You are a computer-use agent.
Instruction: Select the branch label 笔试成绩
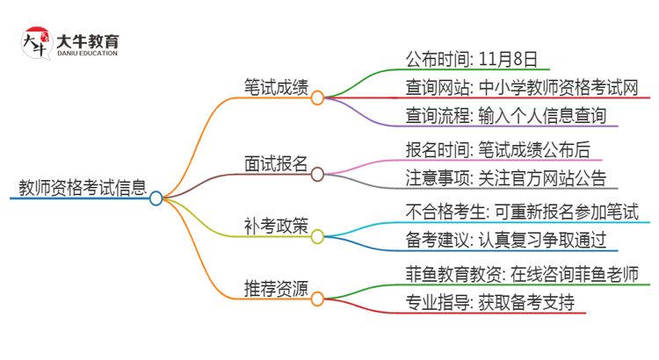click(x=276, y=86)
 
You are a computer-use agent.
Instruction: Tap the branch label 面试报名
click(x=276, y=162)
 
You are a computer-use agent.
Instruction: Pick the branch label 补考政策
click(x=276, y=225)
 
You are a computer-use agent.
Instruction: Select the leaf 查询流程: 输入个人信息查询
click(x=493, y=114)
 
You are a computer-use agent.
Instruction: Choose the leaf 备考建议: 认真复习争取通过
click(x=493, y=240)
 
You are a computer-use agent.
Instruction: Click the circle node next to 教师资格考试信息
click(x=156, y=198)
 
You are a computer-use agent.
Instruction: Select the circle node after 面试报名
click(x=317, y=173)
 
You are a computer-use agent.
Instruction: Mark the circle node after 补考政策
click(x=317, y=236)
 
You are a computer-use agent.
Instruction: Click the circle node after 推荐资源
click(x=317, y=299)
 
